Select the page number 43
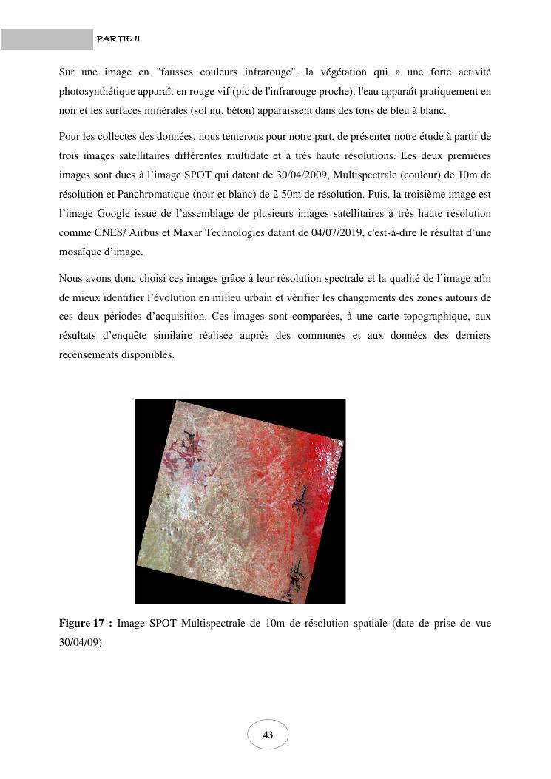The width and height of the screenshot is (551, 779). (x=268, y=735)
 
